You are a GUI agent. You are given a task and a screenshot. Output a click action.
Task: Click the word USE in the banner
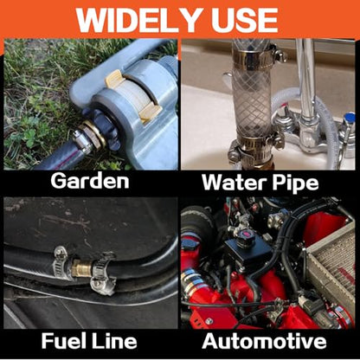pyautogui.click(x=244, y=20)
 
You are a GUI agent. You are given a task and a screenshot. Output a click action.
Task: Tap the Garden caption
pyautogui.click(x=90, y=181)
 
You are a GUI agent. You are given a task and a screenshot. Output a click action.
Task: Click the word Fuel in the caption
pyautogui.click(x=63, y=341)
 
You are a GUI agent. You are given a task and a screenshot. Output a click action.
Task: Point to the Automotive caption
pyautogui.click(x=264, y=341)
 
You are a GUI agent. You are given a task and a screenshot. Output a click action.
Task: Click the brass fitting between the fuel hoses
pyautogui.click(x=81, y=268)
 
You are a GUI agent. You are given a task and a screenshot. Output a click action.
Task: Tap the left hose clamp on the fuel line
pyautogui.click(x=62, y=262)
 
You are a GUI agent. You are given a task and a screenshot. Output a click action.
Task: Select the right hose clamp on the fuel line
pyautogui.click(x=103, y=273)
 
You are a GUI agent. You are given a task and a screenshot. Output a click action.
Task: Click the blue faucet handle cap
pyautogui.click(x=350, y=118)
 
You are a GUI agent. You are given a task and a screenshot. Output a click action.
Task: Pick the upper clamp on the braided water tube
pyautogui.click(x=254, y=55)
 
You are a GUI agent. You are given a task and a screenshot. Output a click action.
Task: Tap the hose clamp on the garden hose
pyautogui.click(x=83, y=141)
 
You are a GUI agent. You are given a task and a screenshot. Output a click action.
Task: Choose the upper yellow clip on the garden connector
pyautogui.click(x=115, y=79)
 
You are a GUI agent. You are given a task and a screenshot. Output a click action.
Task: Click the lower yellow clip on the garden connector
pyautogui.click(x=150, y=112)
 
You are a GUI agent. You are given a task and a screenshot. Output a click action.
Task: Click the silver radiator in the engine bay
pyautogui.click(x=331, y=266)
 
